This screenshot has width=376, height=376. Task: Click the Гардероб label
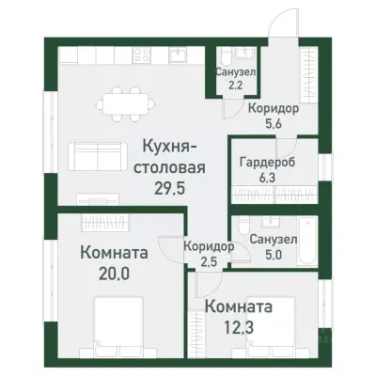coord(262,160)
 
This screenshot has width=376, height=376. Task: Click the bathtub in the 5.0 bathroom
coord(277,227)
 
